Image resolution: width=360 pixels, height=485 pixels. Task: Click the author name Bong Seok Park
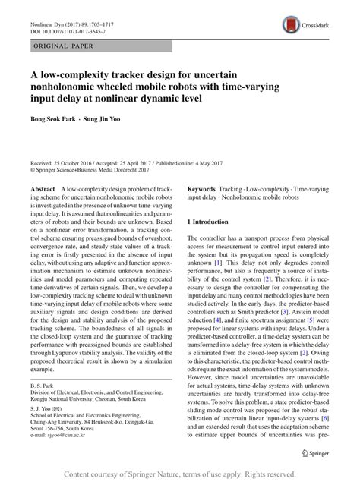coord(55,121)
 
